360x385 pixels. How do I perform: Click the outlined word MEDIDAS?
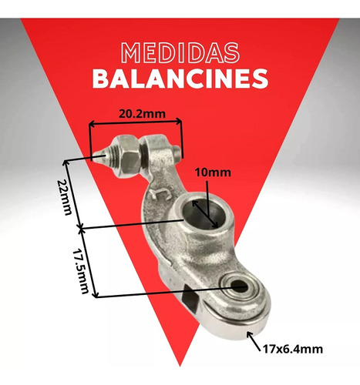(180, 53)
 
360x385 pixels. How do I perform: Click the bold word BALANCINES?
(180, 79)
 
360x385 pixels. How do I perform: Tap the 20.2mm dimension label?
(142, 114)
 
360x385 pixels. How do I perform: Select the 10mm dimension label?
(213, 172)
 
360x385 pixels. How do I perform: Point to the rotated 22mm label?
(64, 197)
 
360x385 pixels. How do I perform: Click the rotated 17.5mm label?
(81, 272)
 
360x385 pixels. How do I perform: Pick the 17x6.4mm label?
(292, 350)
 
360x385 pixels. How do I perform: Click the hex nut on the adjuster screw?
(129, 156)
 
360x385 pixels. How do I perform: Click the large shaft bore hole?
(205, 214)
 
